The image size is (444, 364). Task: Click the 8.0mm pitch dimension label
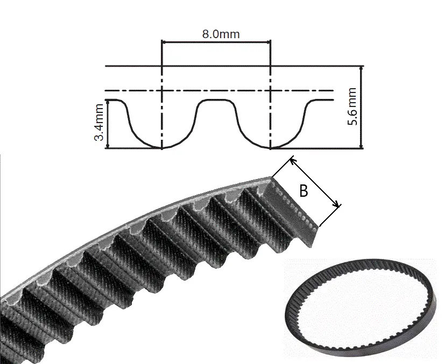click(x=221, y=34)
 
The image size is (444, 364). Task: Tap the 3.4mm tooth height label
click(x=99, y=122)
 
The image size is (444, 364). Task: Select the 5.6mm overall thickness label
click(x=353, y=106)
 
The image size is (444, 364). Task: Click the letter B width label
click(x=304, y=191)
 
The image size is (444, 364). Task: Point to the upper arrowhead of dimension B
click(x=293, y=161)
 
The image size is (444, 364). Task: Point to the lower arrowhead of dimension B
click(x=337, y=205)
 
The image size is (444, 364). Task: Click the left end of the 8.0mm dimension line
click(x=161, y=42)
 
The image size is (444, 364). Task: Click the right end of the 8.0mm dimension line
click(x=271, y=42)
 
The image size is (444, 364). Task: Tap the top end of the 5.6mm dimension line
click(x=361, y=66)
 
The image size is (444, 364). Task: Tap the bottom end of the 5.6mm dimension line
click(x=361, y=148)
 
